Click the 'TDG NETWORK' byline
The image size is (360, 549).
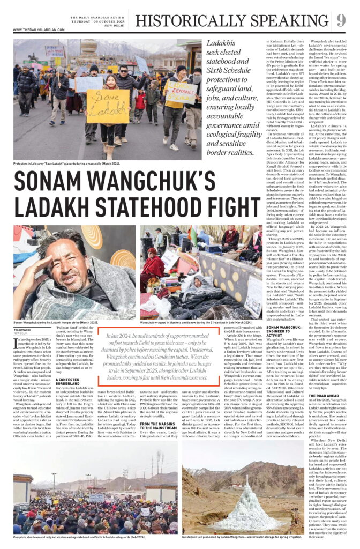(22, 330)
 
